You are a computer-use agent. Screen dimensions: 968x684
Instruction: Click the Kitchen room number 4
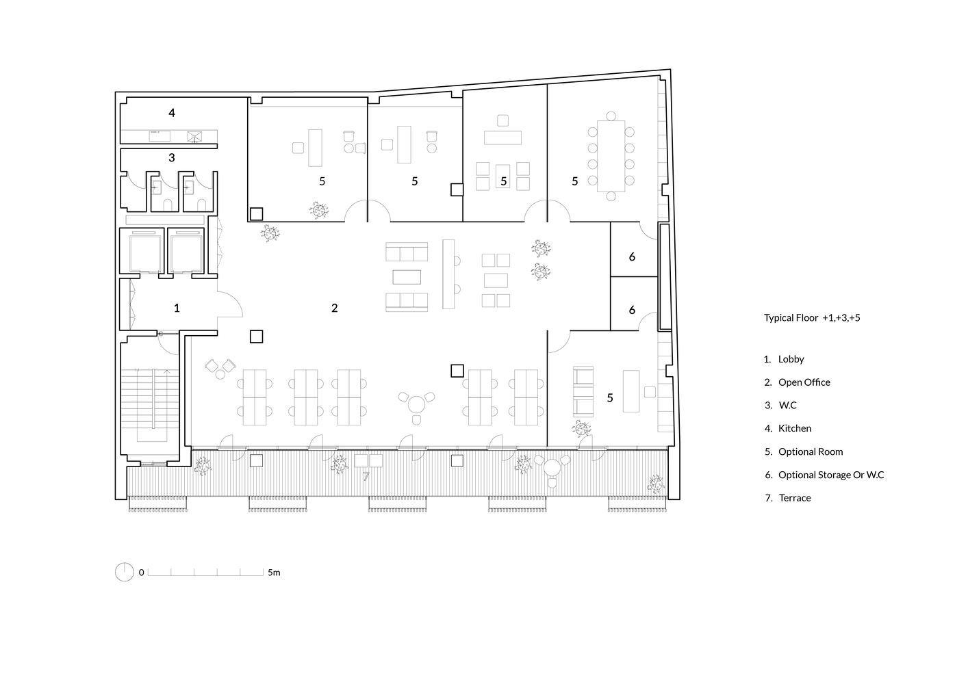pos(172,113)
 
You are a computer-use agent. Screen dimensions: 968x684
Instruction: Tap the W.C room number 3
pos(172,157)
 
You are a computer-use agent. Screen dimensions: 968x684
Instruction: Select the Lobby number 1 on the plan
pos(177,308)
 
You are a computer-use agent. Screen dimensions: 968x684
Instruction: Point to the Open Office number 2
pos(335,308)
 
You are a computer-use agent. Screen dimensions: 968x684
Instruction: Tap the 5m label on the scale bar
pos(274,573)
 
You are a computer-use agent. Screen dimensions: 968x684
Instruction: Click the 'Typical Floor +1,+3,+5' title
pos(812,318)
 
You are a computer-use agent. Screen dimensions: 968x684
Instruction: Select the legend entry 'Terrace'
pos(795,498)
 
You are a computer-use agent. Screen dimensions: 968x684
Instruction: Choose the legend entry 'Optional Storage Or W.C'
pos(831,475)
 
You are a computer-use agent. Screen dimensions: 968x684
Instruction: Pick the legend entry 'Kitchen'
pos(795,428)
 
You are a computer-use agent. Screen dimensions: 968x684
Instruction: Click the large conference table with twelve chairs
pos(611,156)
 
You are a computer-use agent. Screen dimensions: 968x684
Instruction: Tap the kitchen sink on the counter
pos(160,136)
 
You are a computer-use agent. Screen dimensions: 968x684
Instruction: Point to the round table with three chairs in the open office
pos(417,405)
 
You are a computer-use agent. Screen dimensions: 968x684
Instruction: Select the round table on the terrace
pos(552,467)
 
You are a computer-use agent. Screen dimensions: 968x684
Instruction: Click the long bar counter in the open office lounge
pos(448,274)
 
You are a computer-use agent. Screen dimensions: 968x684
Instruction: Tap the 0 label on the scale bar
pos(141,573)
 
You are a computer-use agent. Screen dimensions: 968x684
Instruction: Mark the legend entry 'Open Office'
pos(804,382)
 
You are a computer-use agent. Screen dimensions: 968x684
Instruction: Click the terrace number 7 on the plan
pos(366,476)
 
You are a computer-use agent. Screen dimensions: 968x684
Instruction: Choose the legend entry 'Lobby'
pos(791,359)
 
